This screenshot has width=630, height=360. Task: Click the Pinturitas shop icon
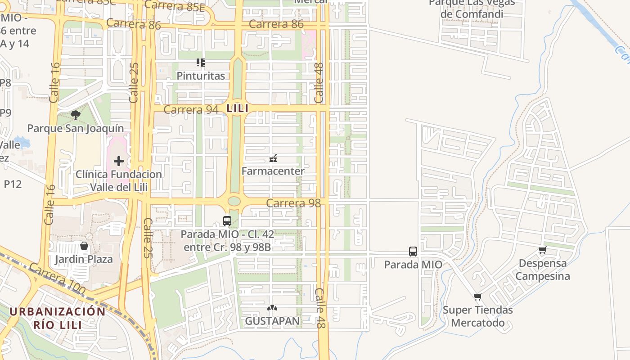click(201, 63)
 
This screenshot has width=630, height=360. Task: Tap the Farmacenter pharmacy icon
click(273, 158)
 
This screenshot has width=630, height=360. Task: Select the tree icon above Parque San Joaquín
click(76, 115)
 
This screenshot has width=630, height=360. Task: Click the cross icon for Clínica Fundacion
click(119, 161)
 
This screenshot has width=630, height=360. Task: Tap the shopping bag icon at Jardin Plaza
click(84, 246)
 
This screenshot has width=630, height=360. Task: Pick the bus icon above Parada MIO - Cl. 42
click(227, 221)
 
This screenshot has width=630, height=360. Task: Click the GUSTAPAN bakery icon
click(272, 308)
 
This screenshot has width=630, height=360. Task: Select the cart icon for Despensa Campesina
click(543, 250)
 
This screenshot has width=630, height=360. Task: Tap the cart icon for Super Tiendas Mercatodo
click(477, 297)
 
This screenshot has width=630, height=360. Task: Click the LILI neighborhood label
click(238, 108)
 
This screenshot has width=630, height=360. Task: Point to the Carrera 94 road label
click(191, 110)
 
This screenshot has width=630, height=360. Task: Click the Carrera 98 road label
click(293, 203)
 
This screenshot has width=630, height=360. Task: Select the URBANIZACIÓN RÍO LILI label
click(58, 318)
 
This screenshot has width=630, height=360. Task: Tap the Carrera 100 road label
click(57, 279)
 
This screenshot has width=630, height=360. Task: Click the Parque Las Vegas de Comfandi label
click(472, 9)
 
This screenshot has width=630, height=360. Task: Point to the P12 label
click(13, 184)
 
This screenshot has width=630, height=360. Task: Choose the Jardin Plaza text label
click(84, 259)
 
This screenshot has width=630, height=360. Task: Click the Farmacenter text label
click(273, 171)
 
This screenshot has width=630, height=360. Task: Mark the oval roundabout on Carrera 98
click(234, 201)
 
